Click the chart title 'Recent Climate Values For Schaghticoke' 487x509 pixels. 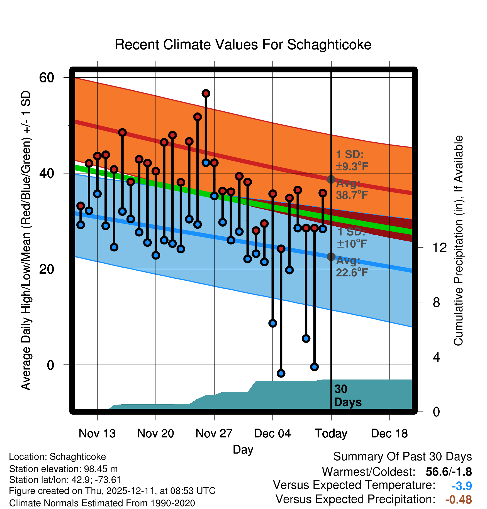(243, 45)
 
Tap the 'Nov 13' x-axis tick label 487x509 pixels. (97, 433)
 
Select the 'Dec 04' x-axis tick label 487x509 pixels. (272, 433)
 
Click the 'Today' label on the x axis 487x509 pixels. (331, 433)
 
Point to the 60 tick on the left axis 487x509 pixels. (47, 77)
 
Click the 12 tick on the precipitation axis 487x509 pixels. (440, 248)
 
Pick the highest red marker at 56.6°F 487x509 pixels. (206, 93)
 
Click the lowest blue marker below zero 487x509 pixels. (281, 373)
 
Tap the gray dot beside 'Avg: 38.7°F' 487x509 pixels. (331, 179)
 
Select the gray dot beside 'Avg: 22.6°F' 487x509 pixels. (331, 257)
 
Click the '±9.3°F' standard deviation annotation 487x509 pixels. (352, 167)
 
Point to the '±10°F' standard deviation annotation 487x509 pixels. (352, 244)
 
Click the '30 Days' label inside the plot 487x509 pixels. (347, 396)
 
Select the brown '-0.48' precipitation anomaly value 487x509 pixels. (458, 500)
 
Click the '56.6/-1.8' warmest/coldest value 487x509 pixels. (449, 472)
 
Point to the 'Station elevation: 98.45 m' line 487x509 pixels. (63, 469)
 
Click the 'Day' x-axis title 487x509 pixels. (243, 449)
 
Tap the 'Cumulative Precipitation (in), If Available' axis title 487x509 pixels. (458, 241)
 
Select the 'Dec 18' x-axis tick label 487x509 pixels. (389, 433)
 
